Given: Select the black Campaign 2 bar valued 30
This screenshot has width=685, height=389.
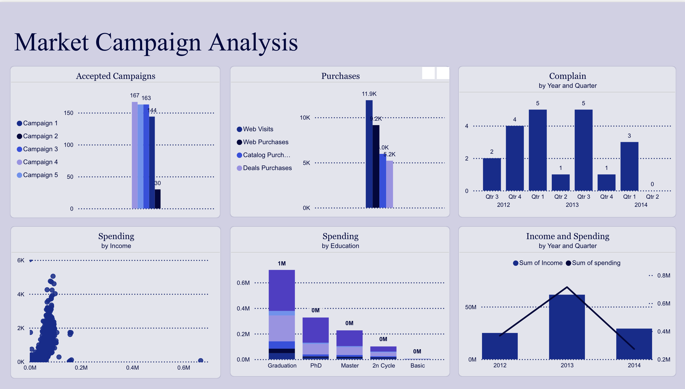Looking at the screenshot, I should tap(158, 199).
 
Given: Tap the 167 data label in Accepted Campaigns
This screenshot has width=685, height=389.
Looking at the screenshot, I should tap(134, 95).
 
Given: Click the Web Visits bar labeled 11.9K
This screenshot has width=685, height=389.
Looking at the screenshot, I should tap(369, 154).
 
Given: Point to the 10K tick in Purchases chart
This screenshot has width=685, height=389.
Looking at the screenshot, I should tap(305, 118).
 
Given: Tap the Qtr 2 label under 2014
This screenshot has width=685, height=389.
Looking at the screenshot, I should tap(652, 197).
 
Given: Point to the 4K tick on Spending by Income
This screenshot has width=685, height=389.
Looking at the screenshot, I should tap(21, 294).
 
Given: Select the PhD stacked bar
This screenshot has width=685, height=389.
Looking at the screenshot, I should tap(315, 338).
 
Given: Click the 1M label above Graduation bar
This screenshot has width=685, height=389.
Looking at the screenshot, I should tap(282, 264).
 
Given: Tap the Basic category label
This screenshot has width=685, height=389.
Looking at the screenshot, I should tap(417, 366).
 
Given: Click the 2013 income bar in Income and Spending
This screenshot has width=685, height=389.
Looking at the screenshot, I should tap(567, 327).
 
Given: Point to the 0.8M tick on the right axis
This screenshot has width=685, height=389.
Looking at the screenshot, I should tap(663, 276).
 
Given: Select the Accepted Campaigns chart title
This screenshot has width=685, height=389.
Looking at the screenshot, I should tap(115, 76).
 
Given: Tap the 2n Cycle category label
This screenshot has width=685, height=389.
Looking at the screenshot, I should tap(384, 366).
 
